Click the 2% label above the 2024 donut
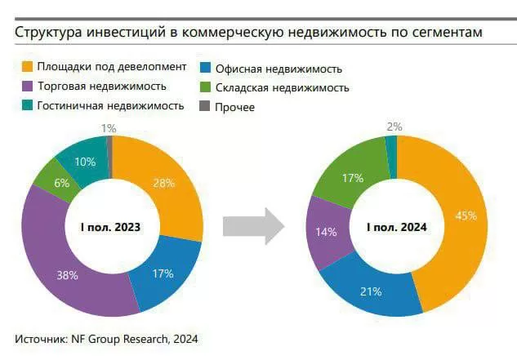[394, 126]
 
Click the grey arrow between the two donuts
[252, 226]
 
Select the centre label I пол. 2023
[112, 226]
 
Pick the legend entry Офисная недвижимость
[277, 69]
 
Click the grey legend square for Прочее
[206, 106]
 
